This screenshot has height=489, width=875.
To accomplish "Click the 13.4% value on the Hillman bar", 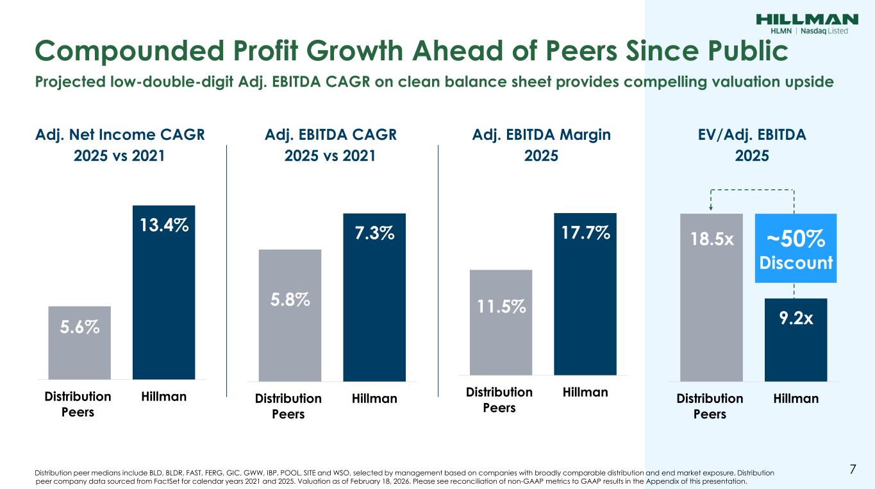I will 163,225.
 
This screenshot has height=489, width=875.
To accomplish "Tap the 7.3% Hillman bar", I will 374,295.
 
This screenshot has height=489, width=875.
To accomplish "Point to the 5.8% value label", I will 290,300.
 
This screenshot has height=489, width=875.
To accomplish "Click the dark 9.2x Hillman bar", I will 796,339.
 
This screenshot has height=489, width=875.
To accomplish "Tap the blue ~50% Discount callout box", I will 796,248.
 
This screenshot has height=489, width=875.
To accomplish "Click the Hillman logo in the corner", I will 808,23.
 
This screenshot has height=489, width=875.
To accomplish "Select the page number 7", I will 853,469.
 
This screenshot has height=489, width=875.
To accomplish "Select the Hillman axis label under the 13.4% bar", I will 163,397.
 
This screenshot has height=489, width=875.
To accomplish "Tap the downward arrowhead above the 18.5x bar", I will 710,207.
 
